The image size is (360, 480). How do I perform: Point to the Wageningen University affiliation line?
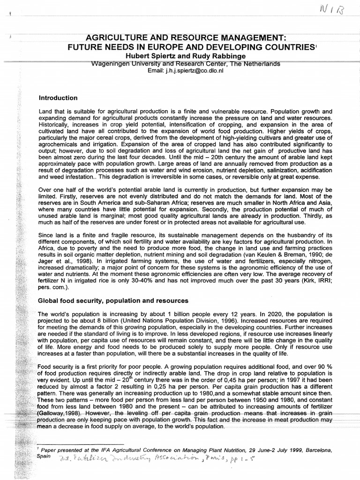(186, 64)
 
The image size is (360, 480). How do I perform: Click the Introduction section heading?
(58, 98)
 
